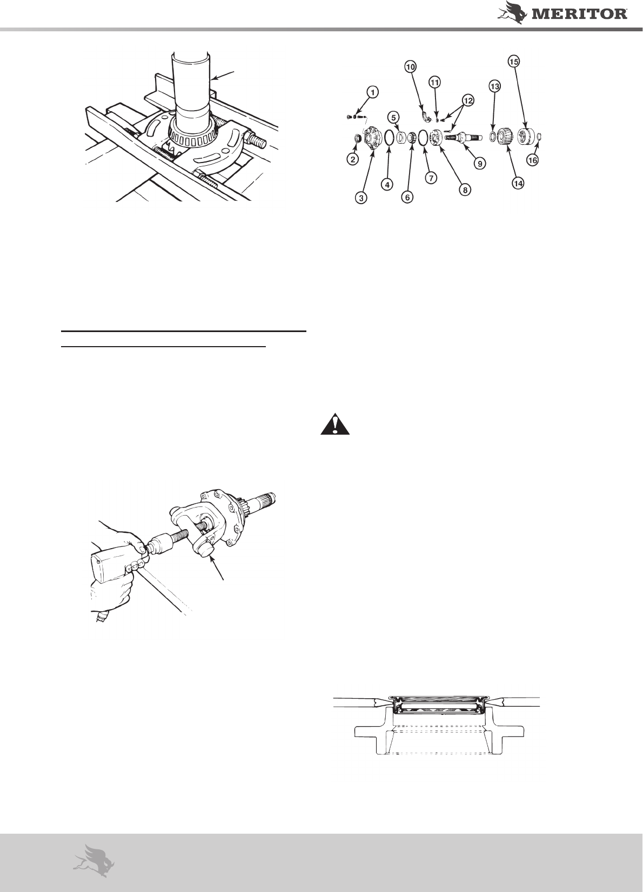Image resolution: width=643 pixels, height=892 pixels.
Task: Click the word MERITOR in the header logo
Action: pyautogui.click(x=580, y=15)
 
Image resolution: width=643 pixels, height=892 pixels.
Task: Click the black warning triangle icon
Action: pyautogui.click(x=335, y=424)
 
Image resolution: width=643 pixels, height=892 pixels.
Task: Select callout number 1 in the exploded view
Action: pyautogui.click(x=372, y=92)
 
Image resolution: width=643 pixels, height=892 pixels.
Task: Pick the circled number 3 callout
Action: pyautogui.click(x=361, y=198)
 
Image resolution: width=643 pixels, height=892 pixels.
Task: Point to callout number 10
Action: pyautogui.click(x=410, y=66)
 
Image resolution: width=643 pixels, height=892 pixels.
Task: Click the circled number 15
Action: pyautogui.click(x=514, y=62)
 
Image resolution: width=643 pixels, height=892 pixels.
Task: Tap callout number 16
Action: pyautogui.click(x=533, y=160)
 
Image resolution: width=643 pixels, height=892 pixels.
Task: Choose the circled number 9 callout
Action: pyautogui.click(x=480, y=163)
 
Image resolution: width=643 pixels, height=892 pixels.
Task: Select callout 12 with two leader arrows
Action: pyautogui.click(x=468, y=101)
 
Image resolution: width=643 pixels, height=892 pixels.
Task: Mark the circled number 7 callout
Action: pyautogui.click(x=431, y=178)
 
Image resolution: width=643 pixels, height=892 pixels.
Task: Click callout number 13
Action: pyautogui.click(x=495, y=86)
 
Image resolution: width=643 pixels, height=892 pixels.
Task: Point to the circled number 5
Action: pyautogui.click(x=393, y=118)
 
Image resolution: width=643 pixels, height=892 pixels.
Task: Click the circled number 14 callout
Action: pyautogui.click(x=518, y=184)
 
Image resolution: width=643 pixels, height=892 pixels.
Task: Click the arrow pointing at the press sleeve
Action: pyautogui.click(x=224, y=76)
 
